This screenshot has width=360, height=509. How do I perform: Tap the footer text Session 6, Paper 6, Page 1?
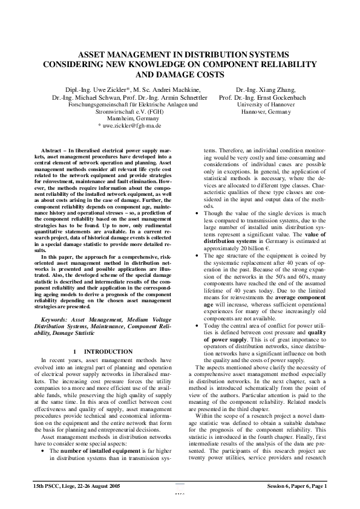click(297, 485)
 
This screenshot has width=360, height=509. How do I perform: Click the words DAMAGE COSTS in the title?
click(182, 75)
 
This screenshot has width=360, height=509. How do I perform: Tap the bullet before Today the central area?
click(192, 325)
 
